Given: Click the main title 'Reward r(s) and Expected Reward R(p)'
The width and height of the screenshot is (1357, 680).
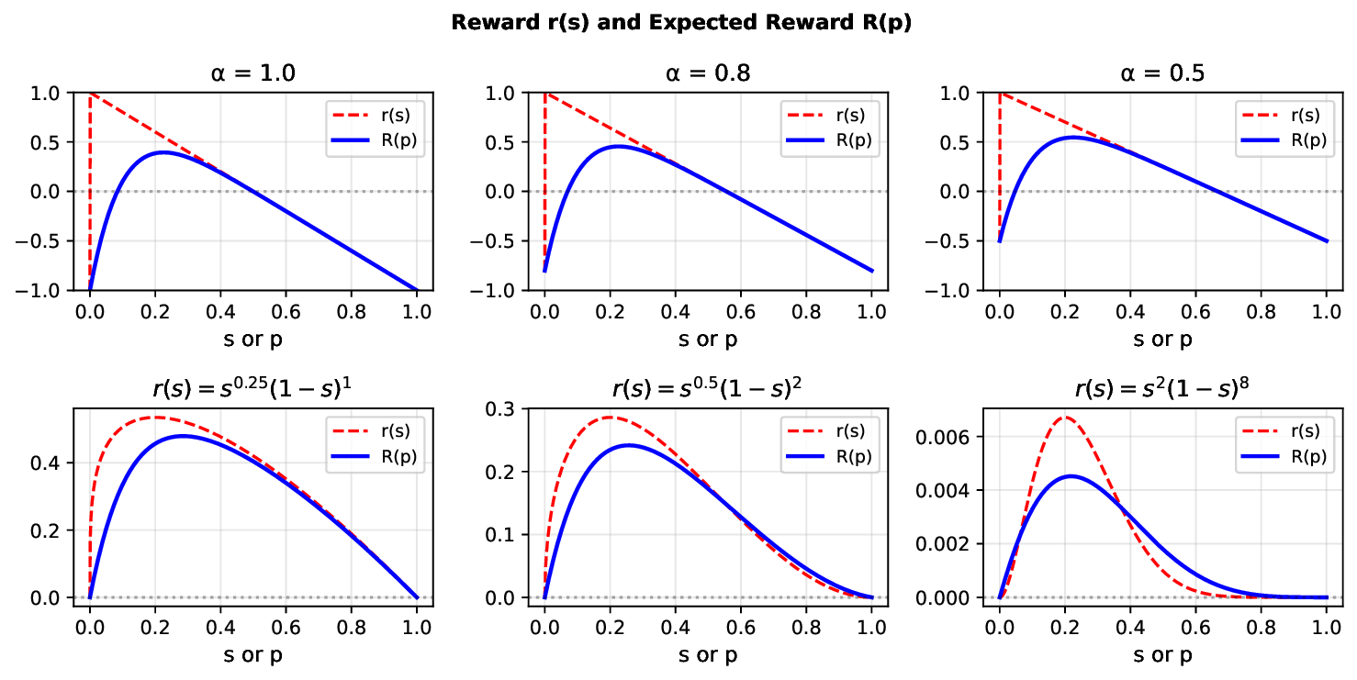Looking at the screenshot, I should pos(680,23).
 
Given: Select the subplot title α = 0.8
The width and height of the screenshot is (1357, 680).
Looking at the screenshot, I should pos(707,73).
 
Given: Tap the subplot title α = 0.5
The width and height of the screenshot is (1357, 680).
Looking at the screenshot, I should pos(1162,73).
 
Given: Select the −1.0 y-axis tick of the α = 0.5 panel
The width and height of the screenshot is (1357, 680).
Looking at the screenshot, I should pos(963,290).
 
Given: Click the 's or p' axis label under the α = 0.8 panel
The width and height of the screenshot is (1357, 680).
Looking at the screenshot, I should pos(707,340).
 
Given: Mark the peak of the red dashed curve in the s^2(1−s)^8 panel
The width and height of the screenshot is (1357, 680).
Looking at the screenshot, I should pos(1065,417).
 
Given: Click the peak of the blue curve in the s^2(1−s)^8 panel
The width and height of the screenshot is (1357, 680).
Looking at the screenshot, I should pos(1071,475).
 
